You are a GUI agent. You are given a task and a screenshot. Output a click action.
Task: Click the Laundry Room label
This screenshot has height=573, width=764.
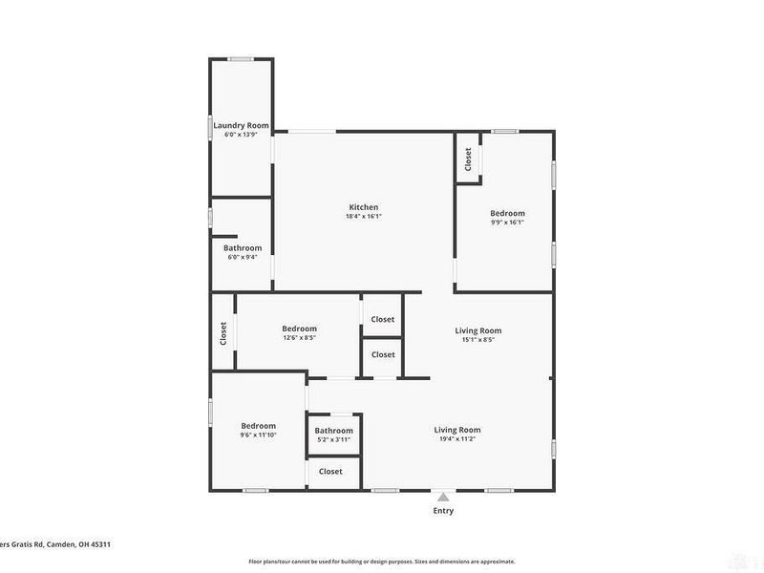[240, 125]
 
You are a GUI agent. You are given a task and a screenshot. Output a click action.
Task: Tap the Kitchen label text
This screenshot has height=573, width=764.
[364, 207]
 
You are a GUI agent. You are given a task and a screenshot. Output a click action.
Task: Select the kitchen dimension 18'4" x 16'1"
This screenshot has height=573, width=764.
[364, 216]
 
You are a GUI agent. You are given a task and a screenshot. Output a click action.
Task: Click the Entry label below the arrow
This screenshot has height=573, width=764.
[442, 511]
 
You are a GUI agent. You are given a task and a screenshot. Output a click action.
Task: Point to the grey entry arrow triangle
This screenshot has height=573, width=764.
[442, 496]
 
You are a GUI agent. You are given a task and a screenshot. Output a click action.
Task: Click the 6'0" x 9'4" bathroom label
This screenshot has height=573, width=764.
[242, 257]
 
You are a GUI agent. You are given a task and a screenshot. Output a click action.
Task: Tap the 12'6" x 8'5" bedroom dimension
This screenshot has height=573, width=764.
[299, 337]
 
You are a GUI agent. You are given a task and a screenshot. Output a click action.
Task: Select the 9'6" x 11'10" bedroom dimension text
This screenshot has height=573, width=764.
[258, 435]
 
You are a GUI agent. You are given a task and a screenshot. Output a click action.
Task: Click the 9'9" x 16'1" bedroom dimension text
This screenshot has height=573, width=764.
[507, 223]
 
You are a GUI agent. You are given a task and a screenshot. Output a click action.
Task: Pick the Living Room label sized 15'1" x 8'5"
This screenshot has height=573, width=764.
[477, 330]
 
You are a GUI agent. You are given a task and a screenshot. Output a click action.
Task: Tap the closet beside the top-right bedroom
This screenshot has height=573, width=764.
[468, 159]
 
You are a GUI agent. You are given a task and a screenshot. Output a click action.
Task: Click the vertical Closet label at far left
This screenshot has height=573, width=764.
[223, 332]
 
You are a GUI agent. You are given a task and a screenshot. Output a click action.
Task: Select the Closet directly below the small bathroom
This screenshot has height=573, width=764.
[330, 472]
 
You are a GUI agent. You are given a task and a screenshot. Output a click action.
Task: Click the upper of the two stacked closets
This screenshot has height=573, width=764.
[382, 319]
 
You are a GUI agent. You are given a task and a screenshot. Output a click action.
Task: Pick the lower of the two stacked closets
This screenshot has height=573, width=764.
[382, 354]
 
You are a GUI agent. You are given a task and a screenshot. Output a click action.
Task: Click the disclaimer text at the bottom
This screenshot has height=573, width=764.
[382, 562]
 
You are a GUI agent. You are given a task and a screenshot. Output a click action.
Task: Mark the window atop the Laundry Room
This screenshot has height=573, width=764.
[241, 59]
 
